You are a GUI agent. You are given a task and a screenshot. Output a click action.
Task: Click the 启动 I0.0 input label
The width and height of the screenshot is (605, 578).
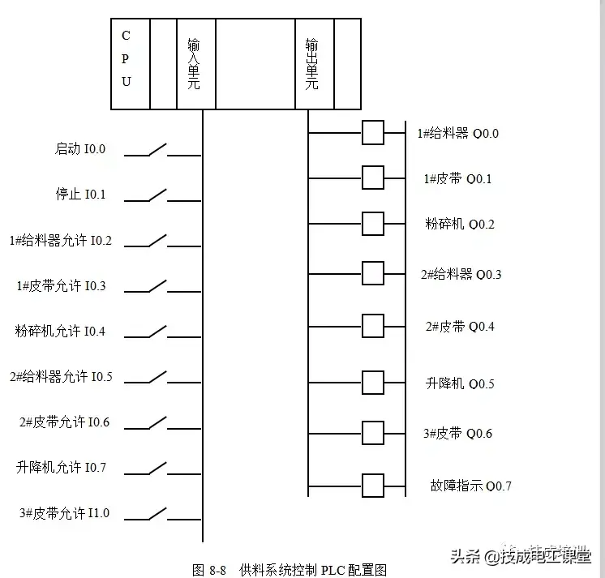coord(80,149)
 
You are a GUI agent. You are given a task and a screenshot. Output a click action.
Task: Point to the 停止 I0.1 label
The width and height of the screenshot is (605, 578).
coord(80,195)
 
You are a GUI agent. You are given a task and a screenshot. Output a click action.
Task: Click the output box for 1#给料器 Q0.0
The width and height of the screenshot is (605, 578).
coord(372,133)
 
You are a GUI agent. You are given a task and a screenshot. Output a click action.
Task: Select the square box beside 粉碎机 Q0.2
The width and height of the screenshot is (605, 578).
coord(372,223)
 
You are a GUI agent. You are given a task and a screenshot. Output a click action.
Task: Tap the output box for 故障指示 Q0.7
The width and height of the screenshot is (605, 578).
coord(372,486)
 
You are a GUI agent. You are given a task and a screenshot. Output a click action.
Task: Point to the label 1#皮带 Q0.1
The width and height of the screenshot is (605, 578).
coord(457,178)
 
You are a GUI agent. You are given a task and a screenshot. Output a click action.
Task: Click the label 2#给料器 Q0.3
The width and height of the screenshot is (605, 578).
coord(461,274)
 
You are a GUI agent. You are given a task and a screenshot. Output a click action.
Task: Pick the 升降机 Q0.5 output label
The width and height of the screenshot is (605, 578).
coord(460,383)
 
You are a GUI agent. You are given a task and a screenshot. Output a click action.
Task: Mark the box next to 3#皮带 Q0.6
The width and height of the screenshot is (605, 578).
coord(372,433)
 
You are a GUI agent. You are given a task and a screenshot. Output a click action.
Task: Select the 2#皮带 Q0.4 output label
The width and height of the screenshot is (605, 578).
coord(460,327)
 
